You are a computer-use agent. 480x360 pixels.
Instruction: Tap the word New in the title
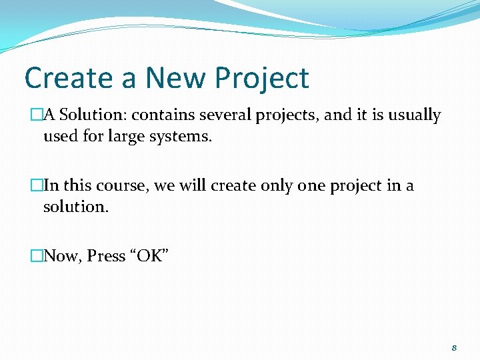175,79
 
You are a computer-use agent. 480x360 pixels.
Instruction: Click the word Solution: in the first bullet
93,115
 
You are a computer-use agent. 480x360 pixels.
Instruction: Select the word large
129,137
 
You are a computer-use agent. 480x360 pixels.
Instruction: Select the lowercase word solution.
75,207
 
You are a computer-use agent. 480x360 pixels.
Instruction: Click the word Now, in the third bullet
62,256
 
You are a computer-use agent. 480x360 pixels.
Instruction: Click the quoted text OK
150,256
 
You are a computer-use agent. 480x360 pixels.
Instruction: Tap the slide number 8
454,347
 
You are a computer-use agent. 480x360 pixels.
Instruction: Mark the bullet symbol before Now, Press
37,256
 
